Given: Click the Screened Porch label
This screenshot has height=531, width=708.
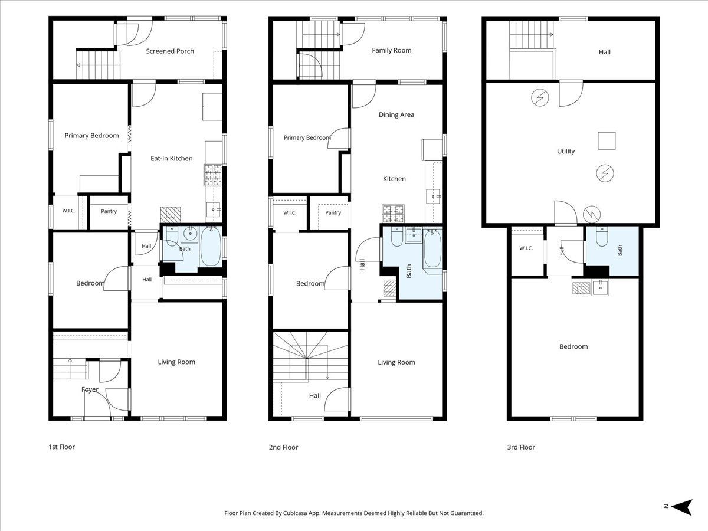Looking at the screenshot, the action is (170, 51).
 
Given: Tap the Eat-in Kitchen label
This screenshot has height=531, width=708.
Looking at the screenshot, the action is (172, 158).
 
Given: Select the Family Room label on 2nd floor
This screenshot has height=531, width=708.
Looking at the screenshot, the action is (392, 50).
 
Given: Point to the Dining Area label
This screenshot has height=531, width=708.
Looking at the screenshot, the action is (396, 115).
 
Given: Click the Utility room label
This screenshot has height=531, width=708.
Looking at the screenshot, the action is (566, 151).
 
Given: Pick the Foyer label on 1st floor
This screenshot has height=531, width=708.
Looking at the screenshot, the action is (90, 389).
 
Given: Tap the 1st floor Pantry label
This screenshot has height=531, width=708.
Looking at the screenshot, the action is (109, 211).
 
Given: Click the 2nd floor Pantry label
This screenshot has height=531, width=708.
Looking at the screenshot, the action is (333, 212).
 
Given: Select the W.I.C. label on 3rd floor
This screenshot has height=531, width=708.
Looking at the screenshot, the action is (526, 248).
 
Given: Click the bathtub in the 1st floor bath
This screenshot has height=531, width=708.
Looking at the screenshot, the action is (211, 246).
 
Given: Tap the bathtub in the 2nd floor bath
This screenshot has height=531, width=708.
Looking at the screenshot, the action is (432, 248).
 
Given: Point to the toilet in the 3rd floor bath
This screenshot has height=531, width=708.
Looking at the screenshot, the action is (602, 237).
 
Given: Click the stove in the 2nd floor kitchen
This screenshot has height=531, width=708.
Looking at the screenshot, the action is (393, 214).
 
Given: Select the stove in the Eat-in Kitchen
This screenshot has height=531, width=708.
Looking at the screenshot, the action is (213, 175).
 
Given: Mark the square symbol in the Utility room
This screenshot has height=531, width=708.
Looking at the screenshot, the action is (607, 141).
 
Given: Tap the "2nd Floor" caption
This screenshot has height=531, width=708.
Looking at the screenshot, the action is (284, 447).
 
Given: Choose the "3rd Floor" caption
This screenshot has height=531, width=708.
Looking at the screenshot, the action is (521, 447).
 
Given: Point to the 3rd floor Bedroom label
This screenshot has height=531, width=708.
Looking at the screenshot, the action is (573, 346).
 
